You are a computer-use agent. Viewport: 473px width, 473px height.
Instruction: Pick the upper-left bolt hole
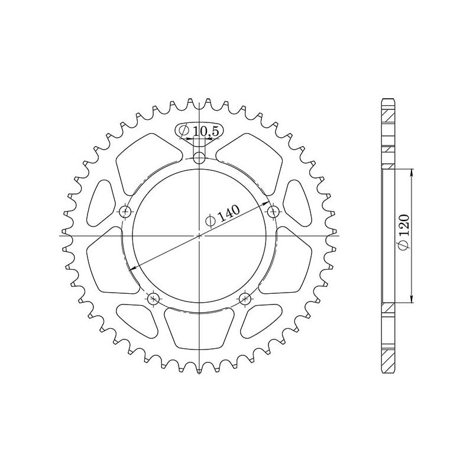click(x=125, y=211)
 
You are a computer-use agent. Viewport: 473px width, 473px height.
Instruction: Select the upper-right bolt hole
click(x=273, y=211)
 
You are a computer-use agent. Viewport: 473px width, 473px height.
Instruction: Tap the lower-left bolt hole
click(x=154, y=298)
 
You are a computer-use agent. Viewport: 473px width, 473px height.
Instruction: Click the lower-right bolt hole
click(x=245, y=298)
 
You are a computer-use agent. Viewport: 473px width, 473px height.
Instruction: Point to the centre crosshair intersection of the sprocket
click(x=200, y=235)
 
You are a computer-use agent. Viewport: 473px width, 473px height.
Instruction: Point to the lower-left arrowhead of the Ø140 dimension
click(x=134, y=267)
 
